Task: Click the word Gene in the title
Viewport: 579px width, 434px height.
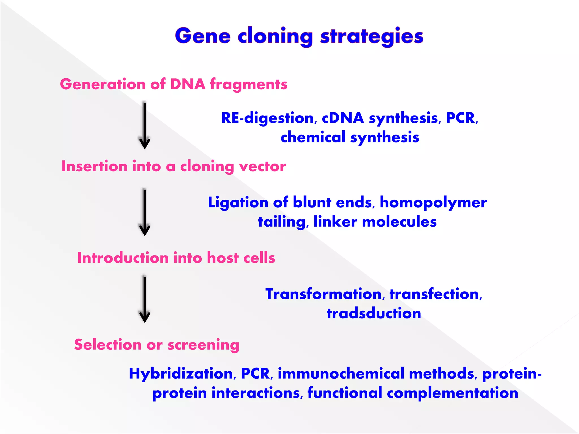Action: click(x=203, y=36)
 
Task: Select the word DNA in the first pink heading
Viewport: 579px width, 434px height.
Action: click(x=188, y=84)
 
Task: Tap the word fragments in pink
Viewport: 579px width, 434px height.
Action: click(x=249, y=84)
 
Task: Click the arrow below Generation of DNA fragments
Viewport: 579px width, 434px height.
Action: click(x=144, y=126)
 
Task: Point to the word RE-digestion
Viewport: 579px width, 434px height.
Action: click(x=267, y=118)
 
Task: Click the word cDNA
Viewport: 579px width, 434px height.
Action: click(x=343, y=118)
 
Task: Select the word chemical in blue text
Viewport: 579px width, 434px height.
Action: click(x=313, y=137)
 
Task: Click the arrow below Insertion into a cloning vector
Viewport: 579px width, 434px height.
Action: click(x=144, y=212)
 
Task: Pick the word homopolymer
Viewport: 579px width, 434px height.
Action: click(x=433, y=203)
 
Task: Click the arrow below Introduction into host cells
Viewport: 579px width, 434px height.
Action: click(x=144, y=299)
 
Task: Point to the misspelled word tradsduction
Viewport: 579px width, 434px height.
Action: click(x=374, y=313)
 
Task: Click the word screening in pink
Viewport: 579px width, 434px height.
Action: click(x=203, y=345)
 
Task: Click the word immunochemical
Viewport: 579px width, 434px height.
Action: click(x=341, y=374)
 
